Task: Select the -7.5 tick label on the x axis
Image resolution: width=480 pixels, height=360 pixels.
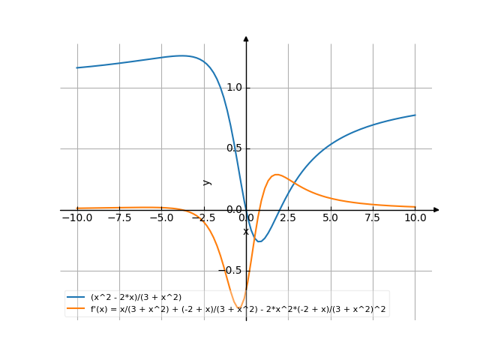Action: tap(119, 217)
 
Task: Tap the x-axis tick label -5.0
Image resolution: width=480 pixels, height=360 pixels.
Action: tap(161, 217)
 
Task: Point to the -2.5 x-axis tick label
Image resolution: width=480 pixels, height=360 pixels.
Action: tap(203, 217)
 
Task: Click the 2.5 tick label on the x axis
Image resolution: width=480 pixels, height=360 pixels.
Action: tap(288, 217)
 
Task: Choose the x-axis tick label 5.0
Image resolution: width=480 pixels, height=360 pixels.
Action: tap(330, 217)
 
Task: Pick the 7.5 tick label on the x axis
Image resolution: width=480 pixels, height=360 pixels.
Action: tap(373, 217)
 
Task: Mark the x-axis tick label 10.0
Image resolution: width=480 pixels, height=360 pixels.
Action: tap(415, 217)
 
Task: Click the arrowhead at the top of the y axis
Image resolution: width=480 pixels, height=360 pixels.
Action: tap(246, 38)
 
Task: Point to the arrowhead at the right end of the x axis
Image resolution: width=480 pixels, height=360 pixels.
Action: tap(436, 210)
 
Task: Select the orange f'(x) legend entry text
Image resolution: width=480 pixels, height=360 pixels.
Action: tap(238, 308)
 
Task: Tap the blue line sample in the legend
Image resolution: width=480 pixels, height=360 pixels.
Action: tap(76, 298)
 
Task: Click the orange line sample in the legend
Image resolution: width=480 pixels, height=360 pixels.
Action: tap(76, 308)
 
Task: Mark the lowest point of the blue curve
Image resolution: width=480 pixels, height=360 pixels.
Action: tap(259, 241)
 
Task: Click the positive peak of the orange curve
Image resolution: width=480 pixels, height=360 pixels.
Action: tap(277, 174)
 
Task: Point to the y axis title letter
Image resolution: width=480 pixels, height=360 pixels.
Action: tap(208, 181)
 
